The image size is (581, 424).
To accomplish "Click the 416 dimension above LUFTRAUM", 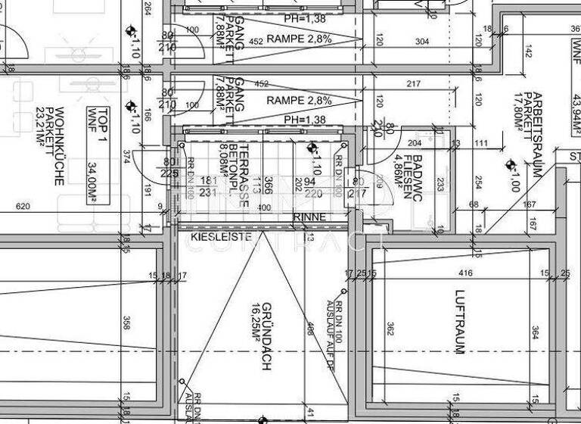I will point(465,273).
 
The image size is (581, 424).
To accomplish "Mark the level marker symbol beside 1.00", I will point(511,164).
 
